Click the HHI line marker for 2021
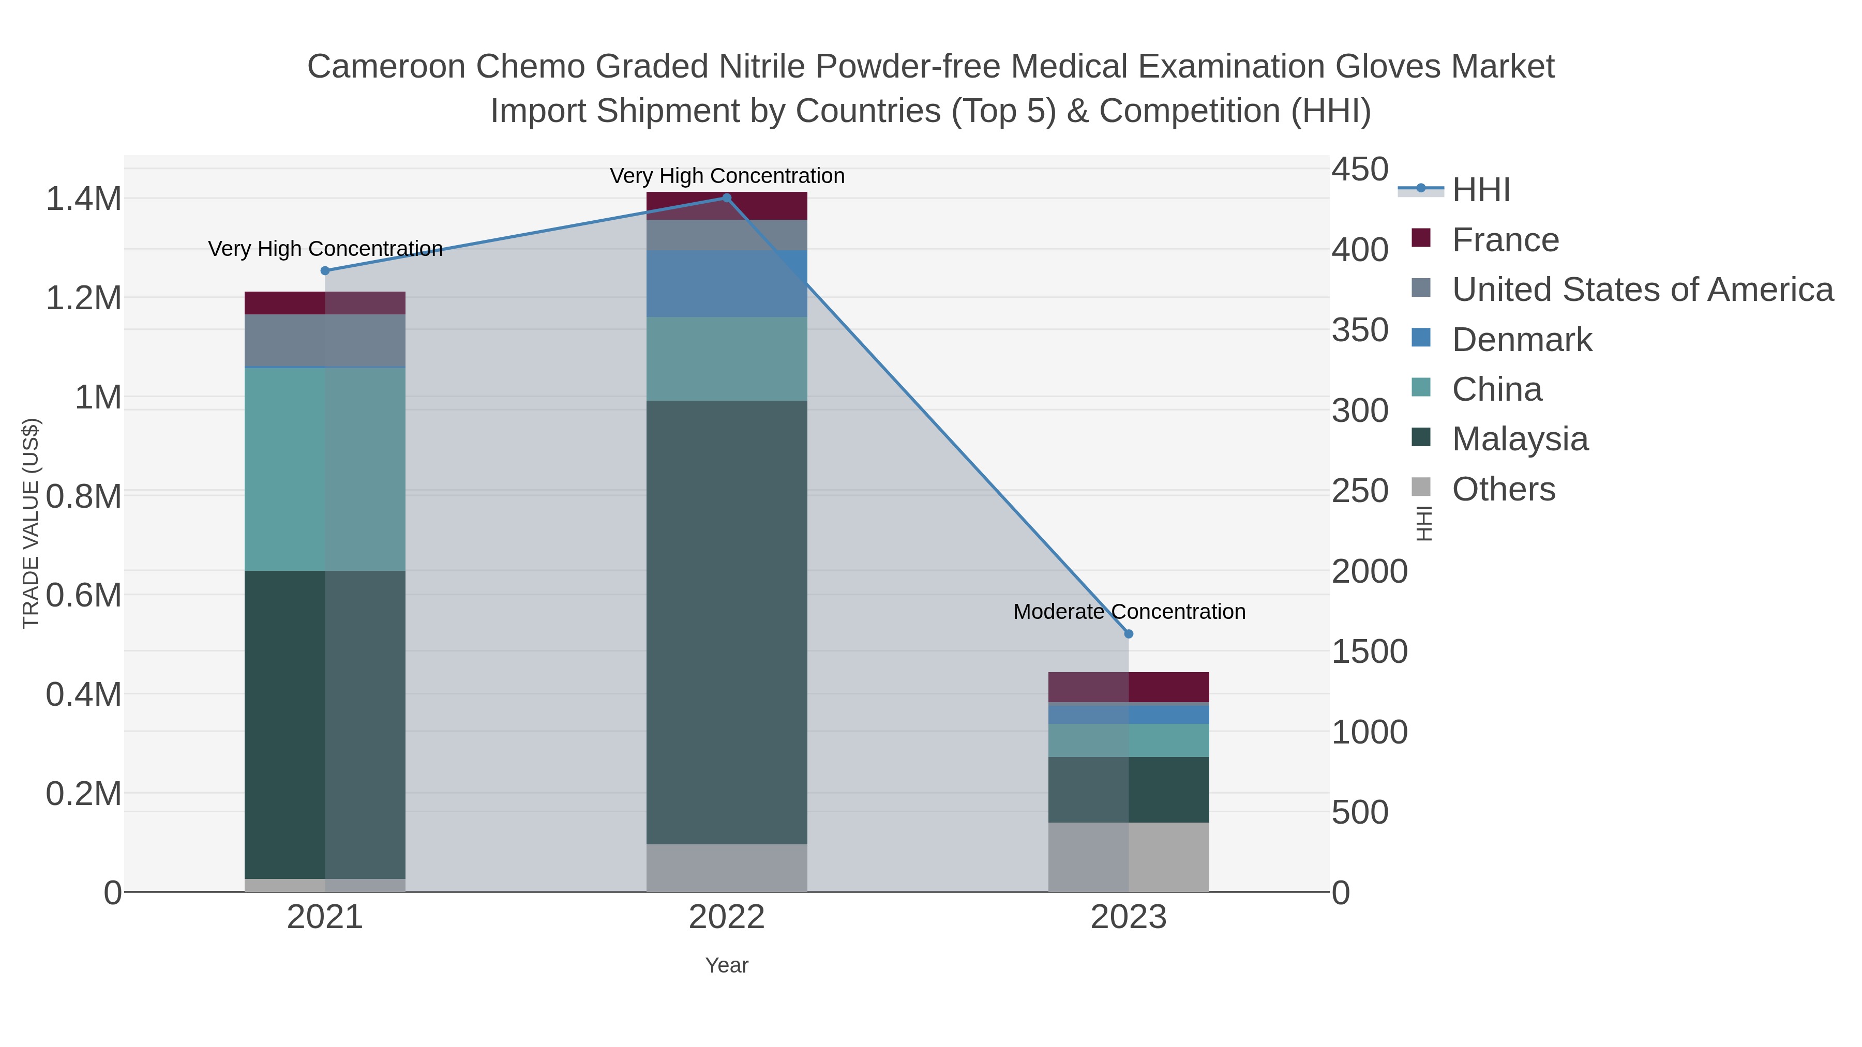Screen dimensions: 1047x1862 point(325,271)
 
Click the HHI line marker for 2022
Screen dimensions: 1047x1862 point(727,198)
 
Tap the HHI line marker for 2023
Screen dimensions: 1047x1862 point(1129,634)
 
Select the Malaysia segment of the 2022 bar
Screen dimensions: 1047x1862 point(727,621)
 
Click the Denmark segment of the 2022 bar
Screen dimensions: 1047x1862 point(727,283)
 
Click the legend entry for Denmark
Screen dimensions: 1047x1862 point(1522,340)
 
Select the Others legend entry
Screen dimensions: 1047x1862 point(1504,489)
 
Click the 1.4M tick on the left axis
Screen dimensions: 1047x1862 point(84,199)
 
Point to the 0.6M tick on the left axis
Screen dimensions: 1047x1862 point(84,596)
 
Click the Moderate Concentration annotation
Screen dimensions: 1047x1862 point(1129,612)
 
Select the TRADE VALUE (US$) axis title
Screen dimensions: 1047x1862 point(31,523)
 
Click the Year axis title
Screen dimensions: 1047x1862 point(727,965)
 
